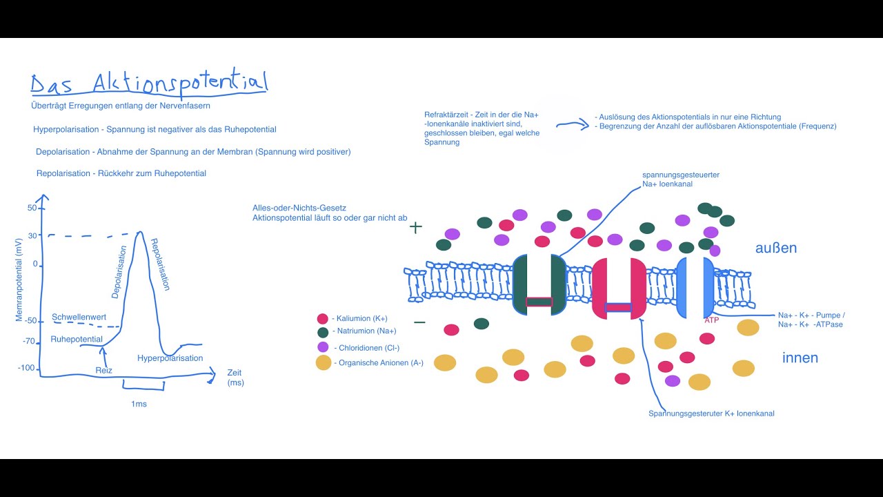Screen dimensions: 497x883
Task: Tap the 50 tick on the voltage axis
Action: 32,208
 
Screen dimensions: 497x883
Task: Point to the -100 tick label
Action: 26,368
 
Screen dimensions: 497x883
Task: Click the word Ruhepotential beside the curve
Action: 77,339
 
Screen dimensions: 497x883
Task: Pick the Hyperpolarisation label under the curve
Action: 170,358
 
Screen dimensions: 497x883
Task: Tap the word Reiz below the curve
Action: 103,371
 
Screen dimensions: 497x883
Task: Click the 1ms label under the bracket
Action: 139,404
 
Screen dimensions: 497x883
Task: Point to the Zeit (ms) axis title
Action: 235,378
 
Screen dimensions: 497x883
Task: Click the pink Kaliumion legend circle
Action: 322,319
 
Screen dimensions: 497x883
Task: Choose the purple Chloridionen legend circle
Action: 322,347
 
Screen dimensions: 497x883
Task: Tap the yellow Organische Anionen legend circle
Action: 324,362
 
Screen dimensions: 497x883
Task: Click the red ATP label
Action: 712,320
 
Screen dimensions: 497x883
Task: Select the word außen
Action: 776,248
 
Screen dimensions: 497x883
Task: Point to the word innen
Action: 800,358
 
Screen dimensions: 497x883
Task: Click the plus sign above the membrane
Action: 415,227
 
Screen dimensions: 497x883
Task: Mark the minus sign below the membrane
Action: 419,322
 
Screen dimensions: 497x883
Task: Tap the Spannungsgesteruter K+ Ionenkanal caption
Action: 711,413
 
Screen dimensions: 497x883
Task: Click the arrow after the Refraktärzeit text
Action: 572,126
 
